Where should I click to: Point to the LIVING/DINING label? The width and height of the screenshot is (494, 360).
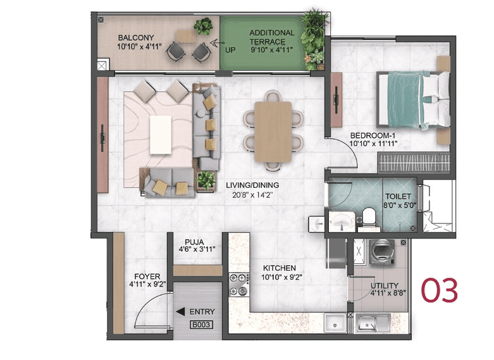(x=252, y=185)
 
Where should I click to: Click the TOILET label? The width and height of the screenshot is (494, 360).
(x=398, y=197)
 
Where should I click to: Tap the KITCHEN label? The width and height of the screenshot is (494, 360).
(x=279, y=268)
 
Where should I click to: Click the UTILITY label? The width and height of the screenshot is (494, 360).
(x=384, y=285)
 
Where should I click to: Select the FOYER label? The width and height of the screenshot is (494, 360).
(x=146, y=276)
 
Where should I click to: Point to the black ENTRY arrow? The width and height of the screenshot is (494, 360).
(x=180, y=311)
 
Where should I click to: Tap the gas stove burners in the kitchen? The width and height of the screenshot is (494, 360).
(x=238, y=284)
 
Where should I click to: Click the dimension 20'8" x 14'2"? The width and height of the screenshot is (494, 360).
(x=252, y=195)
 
